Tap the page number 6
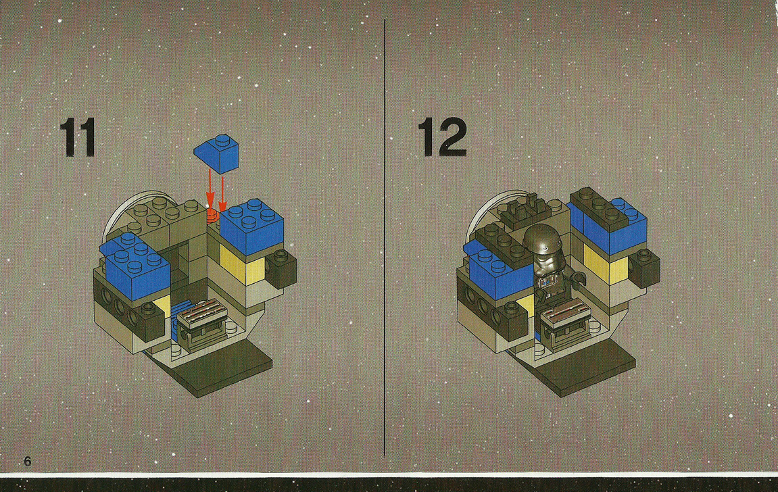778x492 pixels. [28, 462]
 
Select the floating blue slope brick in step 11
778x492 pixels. [218, 153]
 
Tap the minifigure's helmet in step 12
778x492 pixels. [541, 241]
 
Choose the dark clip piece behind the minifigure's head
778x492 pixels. [525, 205]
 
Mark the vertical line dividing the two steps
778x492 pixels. [385, 237]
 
